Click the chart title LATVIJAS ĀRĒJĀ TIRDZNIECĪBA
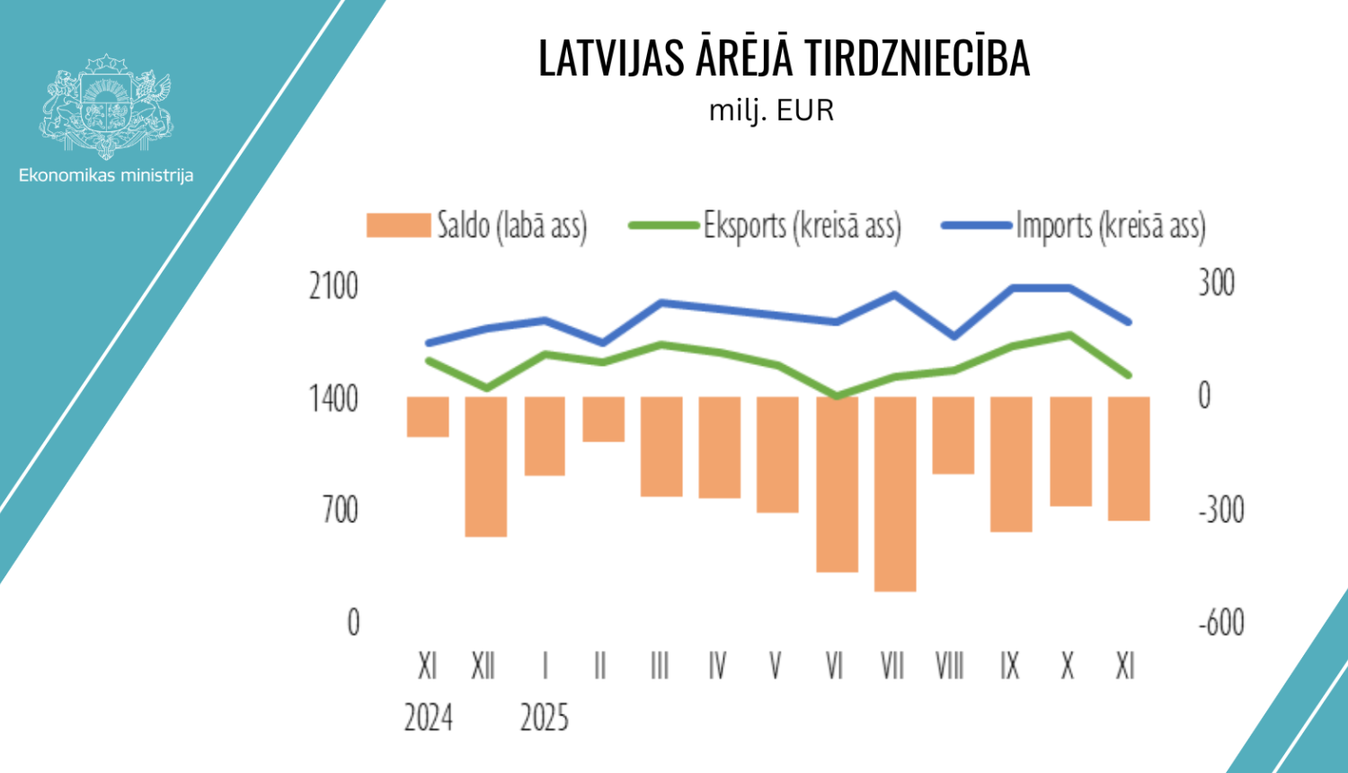[784, 58]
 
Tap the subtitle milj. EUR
[772, 111]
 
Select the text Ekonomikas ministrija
[106, 175]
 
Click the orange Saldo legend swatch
[398, 226]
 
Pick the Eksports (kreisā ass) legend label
[803, 226]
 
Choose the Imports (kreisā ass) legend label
[1111, 226]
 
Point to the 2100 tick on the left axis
[333, 287]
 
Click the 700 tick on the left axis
[340, 511]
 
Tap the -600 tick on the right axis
[1221, 622]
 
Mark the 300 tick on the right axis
[1216, 283]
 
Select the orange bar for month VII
[895, 493]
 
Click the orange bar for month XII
[486, 466]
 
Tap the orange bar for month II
[603, 419]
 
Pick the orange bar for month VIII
[953, 435]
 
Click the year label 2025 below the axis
[545, 718]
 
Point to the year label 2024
[428, 718]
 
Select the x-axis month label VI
[834, 666]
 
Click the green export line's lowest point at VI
[837, 395]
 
